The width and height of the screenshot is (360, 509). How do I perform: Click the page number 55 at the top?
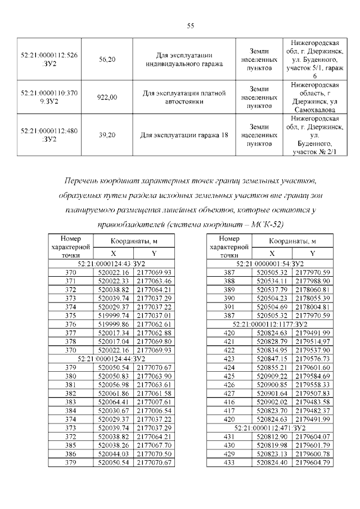coord(190,25)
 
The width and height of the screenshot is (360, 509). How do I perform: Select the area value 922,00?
coord(107,97)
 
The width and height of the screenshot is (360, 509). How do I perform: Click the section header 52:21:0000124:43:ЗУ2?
coord(111,263)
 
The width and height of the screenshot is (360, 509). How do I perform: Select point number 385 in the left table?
coord(70,444)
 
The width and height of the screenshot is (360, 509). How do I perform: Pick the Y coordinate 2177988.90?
coord(312,281)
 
